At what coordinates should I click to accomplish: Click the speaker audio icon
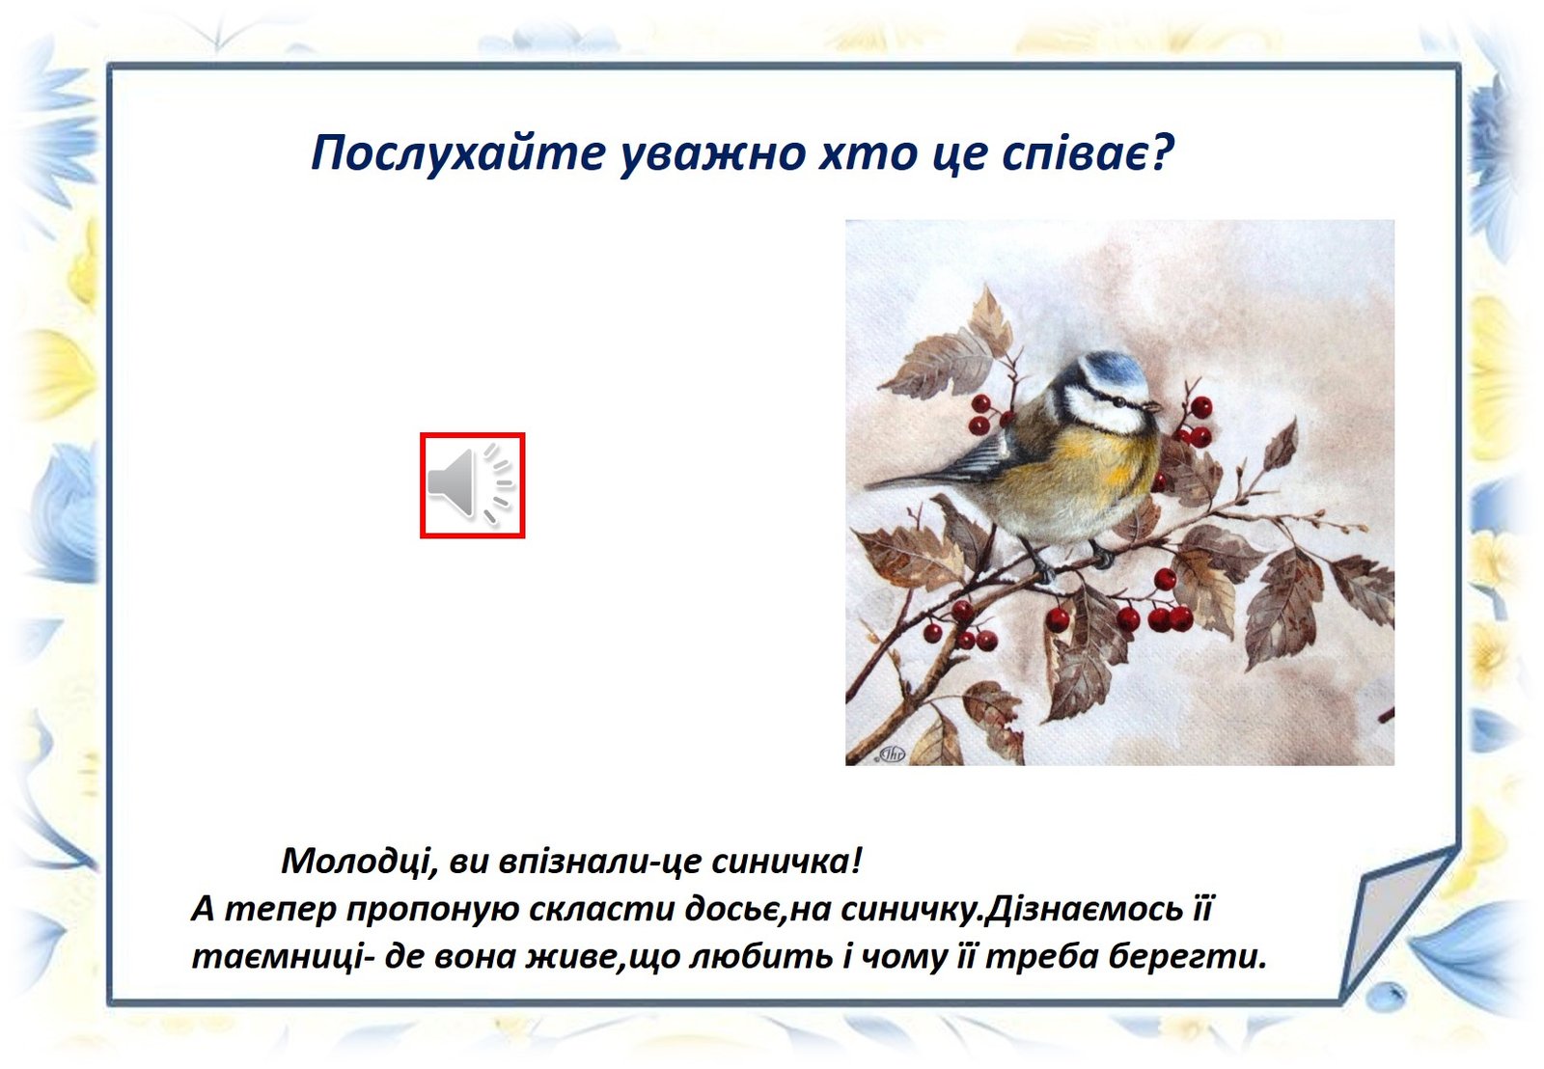click(x=472, y=484)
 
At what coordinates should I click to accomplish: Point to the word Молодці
click(x=358, y=861)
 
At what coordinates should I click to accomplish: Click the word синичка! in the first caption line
click(x=786, y=861)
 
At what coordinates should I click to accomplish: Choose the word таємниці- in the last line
click(x=282, y=957)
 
